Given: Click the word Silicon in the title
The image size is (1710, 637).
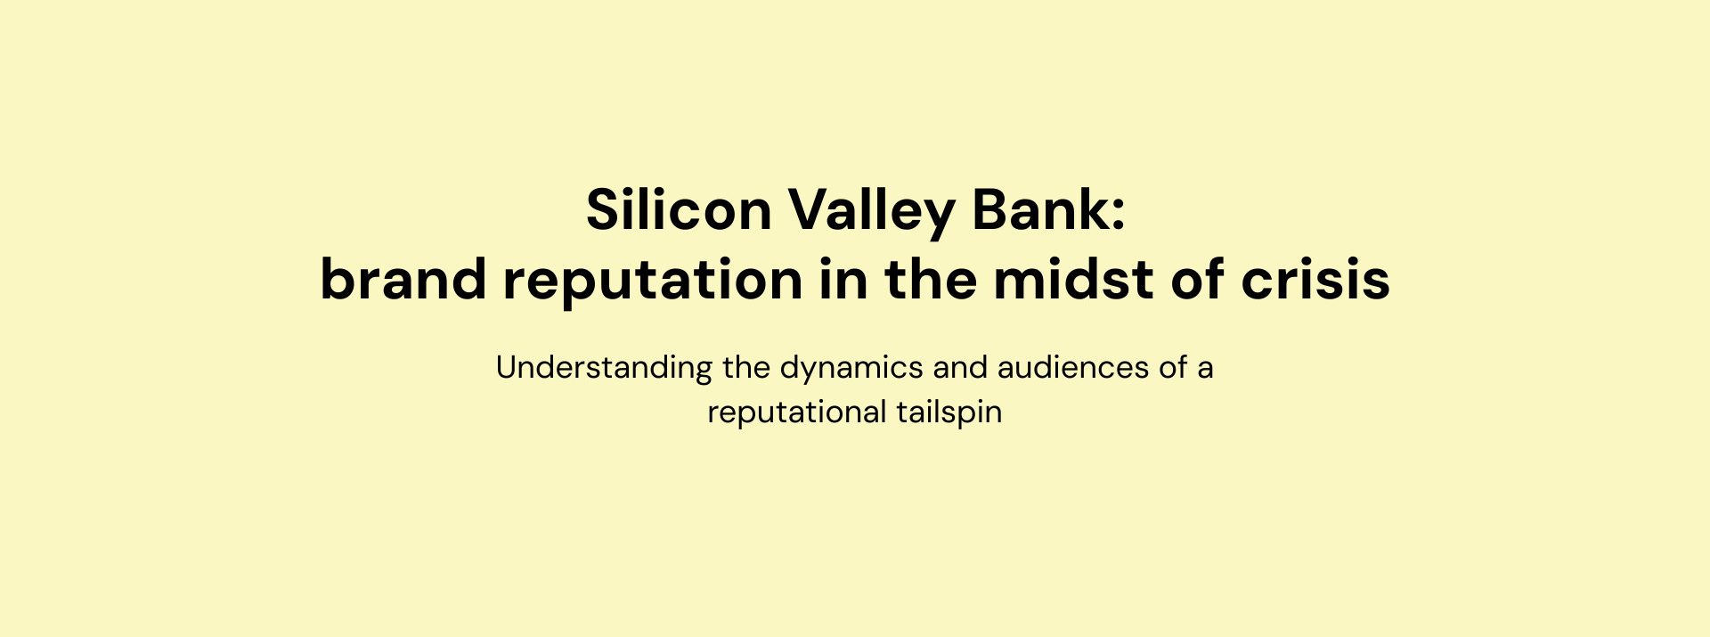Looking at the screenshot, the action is [679, 210].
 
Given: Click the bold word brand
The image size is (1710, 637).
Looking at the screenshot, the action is [403, 279].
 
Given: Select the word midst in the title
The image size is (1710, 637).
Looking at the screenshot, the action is [1073, 279].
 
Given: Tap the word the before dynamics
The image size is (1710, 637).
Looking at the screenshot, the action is [746, 367].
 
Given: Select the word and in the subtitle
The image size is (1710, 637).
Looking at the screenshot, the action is [960, 367].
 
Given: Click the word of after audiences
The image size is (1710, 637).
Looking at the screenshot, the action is [1174, 367].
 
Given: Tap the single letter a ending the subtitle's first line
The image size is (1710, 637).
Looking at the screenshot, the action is [1205, 371].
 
